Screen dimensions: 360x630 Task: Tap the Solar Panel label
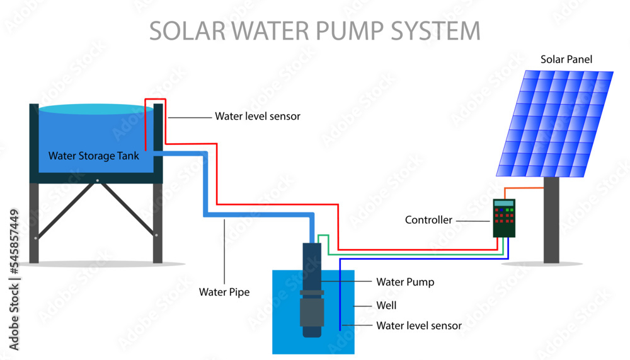coord(566,59)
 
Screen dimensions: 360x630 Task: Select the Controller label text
coord(428,220)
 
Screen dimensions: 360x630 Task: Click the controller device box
coord(504,218)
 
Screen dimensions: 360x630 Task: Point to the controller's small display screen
coord(504,203)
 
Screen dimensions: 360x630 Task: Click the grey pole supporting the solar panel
coord(551,221)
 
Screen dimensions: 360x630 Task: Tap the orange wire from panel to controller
coord(526,188)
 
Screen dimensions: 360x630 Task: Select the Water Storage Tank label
coord(94,156)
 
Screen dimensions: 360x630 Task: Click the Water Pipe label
coord(224,292)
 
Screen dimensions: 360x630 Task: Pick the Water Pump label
coord(404,282)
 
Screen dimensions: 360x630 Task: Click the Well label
coord(386,305)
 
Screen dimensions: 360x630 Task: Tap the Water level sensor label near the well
coord(419,326)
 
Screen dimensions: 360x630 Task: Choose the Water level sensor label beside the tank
coord(258,116)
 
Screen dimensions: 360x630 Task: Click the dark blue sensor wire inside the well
coord(340,296)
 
